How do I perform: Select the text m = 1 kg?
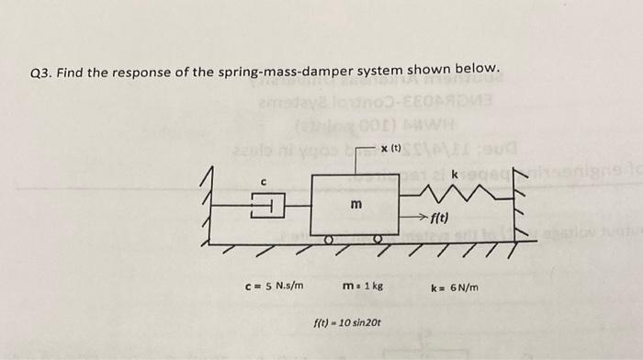coord(356,287)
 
